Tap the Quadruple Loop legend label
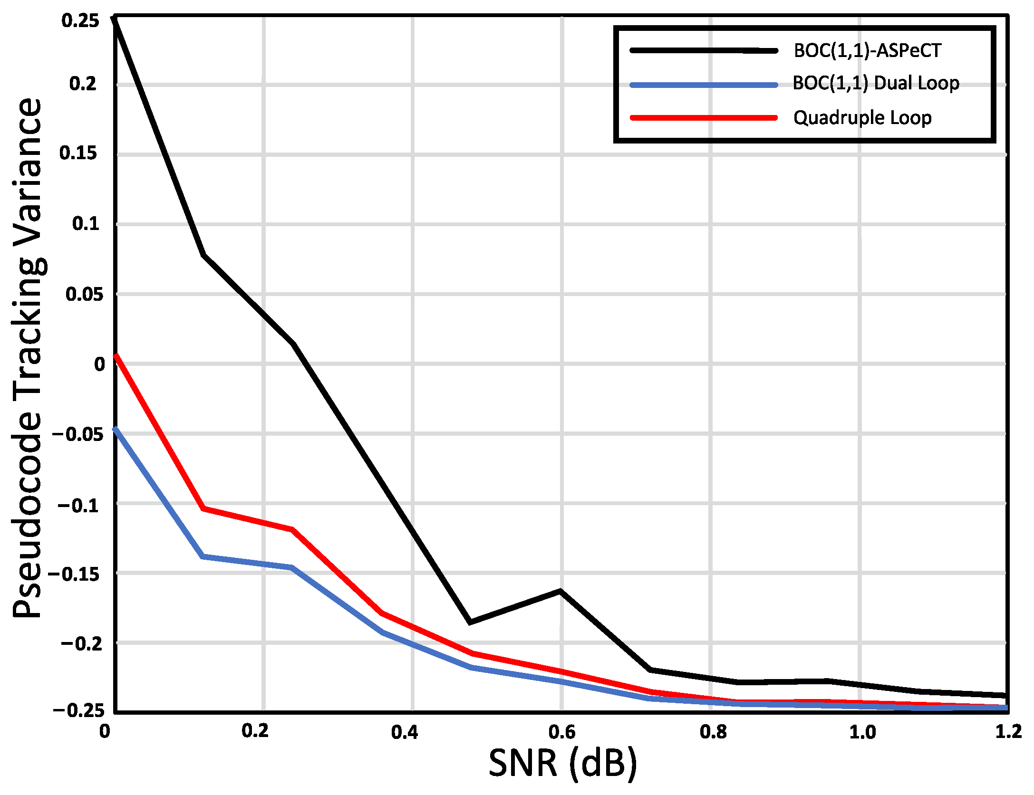tap(862, 117)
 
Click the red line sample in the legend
tap(704, 117)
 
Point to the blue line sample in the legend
tap(704, 85)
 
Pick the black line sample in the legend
tap(704, 50)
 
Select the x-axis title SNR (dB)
tap(562, 763)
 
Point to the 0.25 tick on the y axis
tap(81, 20)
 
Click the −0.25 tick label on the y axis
tap(78, 710)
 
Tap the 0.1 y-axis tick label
tap(86, 223)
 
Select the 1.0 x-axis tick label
tap(862, 732)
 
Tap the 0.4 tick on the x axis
tap(405, 732)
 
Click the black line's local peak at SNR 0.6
tap(560, 591)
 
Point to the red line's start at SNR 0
tap(116, 355)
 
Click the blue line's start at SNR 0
tap(116, 429)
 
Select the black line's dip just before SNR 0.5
tap(470, 622)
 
